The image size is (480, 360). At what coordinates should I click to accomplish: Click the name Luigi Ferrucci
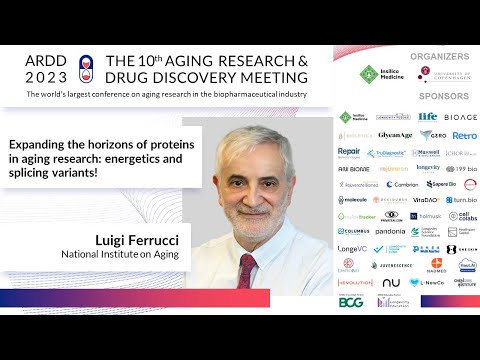coord(137,240)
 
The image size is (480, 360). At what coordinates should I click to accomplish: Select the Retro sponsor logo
coord(464,135)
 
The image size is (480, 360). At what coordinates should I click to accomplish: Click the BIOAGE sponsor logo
coord(461,117)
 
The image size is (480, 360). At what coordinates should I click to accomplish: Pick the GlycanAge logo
coord(395,135)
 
